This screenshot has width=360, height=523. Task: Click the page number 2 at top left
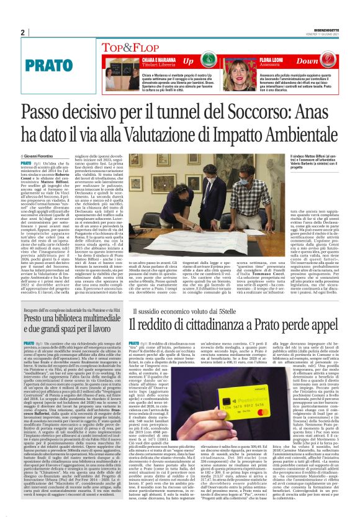pyautogui.click(x=22, y=32)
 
